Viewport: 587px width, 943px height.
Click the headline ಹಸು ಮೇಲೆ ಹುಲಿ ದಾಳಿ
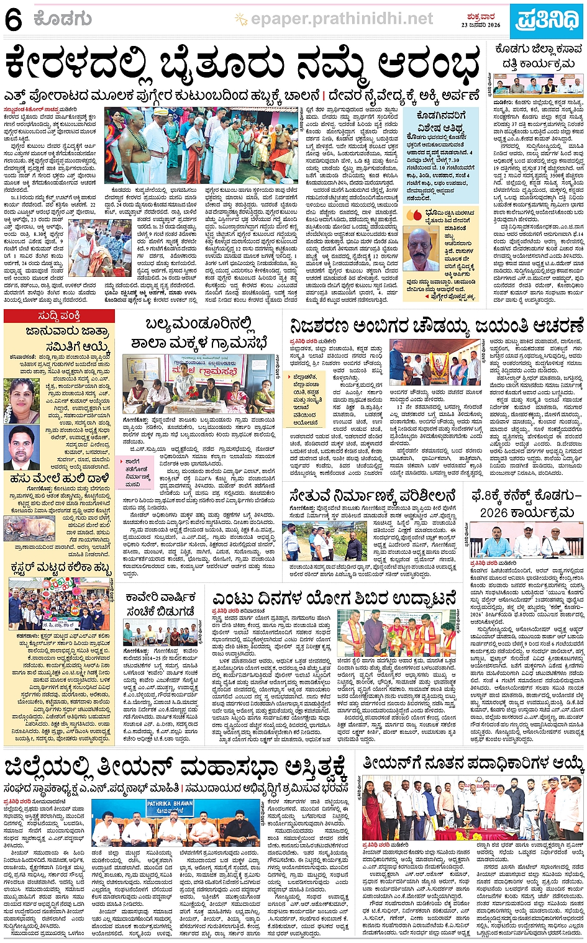pos(60,479)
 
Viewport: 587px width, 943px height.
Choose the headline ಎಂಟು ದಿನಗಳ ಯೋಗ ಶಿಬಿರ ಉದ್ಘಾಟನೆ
pos(335,598)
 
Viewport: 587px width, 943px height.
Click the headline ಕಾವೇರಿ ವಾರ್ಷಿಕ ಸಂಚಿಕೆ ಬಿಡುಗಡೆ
pos(160,603)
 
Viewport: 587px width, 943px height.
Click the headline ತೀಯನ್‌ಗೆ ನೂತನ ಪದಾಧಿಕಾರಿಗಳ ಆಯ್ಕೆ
pos(473,762)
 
